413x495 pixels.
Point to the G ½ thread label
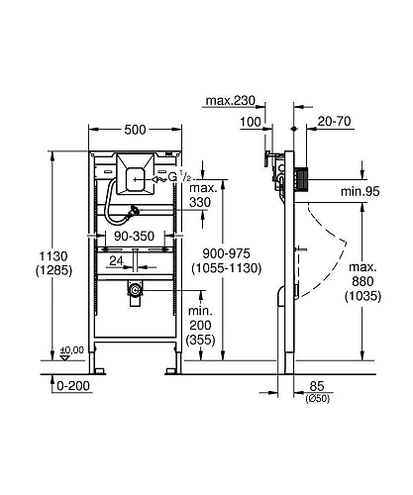point(178,177)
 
